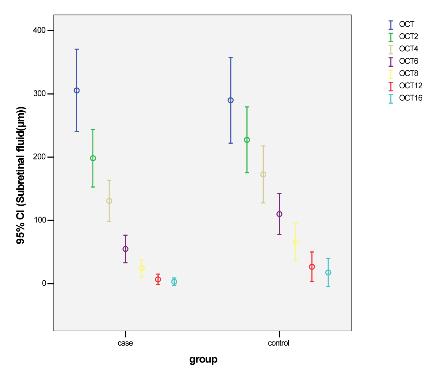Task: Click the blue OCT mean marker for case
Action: pos(77,91)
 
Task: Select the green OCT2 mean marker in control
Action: pos(247,140)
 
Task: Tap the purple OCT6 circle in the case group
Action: pos(125,249)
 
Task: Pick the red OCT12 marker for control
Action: pos(312,267)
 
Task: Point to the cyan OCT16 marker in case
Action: pos(174,282)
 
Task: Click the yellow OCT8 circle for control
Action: pos(296,242)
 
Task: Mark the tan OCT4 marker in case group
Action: pos(109,201)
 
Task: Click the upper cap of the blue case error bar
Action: pos(77,49)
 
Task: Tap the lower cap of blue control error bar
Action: pos(231,143)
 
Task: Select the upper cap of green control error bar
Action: pos(247,107)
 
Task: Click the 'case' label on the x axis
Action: pos(125,343)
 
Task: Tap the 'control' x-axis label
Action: pos(279,343)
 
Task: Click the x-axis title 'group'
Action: pos(203,360)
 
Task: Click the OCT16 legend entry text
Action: pos(411,98)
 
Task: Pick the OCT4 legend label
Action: pos(409,49)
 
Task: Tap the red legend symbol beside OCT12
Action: pos(391,86)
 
